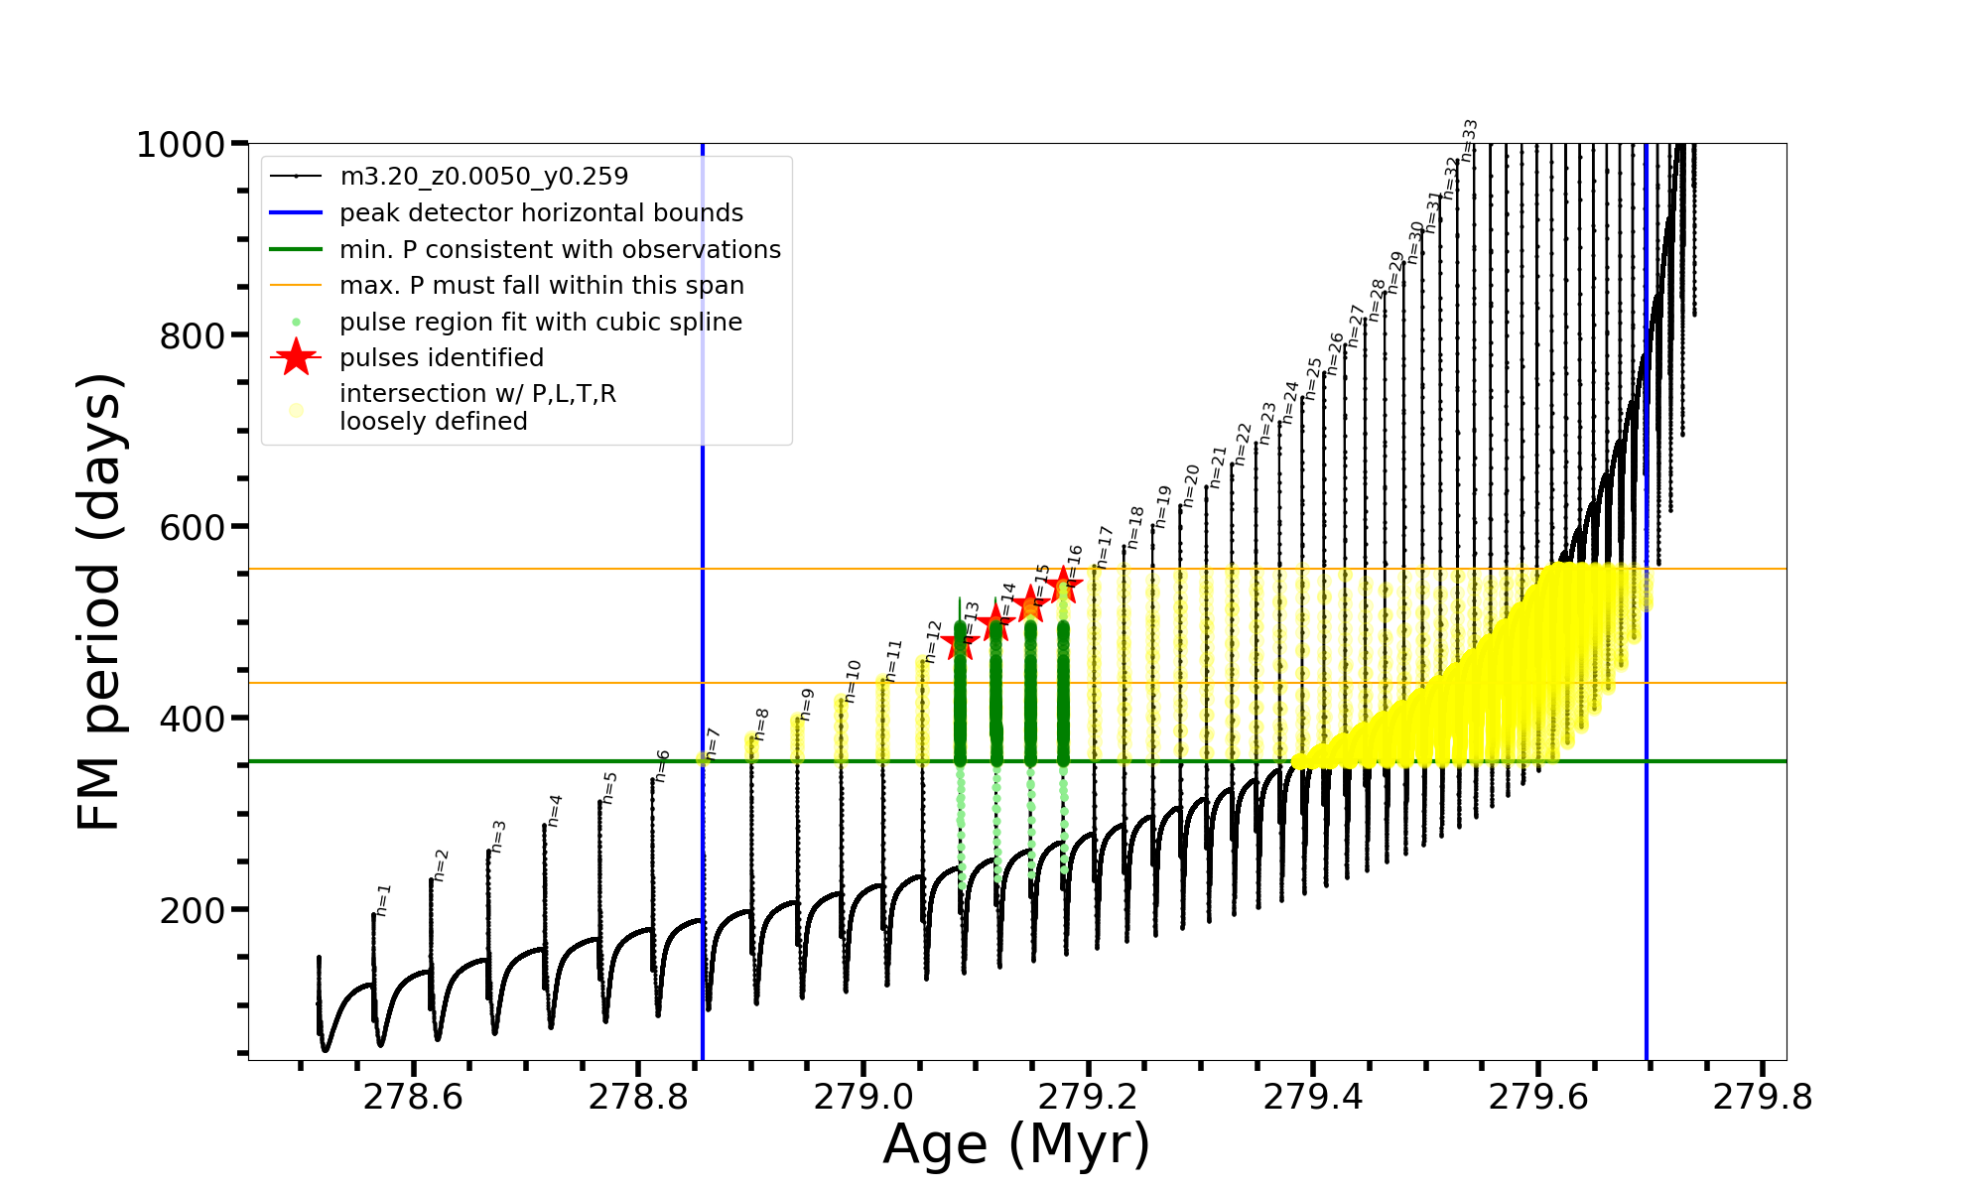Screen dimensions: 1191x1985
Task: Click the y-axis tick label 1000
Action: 181,145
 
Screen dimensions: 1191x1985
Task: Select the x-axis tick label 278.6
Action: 413,1097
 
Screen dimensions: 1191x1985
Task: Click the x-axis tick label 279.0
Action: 863,1097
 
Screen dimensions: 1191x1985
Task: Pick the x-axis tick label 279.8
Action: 1763,1097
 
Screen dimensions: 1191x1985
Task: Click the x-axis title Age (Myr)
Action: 1016,1144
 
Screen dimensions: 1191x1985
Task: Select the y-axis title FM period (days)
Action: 100,601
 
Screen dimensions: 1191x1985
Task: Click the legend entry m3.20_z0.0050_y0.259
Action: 483,177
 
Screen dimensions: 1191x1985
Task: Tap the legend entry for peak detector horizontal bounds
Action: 541,213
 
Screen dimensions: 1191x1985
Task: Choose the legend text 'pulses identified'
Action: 442,358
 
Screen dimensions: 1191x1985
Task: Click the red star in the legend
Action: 296,357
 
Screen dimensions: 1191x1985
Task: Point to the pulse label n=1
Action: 384,898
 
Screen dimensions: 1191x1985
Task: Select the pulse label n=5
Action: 609,786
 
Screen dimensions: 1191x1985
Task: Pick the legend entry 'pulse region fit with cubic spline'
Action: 541,323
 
